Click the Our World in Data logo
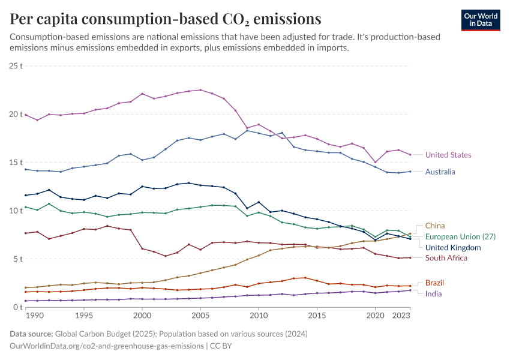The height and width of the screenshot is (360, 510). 480,20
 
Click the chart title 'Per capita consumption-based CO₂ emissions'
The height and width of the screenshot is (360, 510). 166,19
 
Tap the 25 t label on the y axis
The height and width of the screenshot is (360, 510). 16,65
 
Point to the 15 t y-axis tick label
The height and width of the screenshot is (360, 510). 16,162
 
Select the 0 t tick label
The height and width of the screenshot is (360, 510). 18,307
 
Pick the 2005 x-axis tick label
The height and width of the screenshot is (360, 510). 200,315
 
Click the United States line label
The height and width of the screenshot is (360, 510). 448,155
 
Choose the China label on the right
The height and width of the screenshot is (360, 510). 435,226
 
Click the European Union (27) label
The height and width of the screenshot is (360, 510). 460,237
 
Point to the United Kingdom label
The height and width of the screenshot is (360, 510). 453,247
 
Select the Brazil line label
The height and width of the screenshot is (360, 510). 435,283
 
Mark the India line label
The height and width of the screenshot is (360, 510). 434,294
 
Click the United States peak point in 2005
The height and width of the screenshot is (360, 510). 200,90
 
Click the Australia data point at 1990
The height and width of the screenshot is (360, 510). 26,169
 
